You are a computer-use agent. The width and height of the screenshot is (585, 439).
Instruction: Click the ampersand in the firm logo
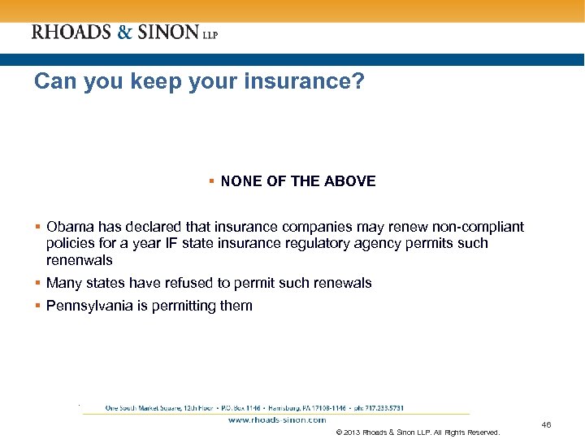[x=124, y=33]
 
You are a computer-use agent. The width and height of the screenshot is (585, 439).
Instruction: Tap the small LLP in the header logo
[x=210, y=34]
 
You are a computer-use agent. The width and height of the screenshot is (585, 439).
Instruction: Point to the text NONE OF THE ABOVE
[x=298, y=181]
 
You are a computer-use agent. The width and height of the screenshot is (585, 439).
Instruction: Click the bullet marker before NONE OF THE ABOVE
[x=211, y=181]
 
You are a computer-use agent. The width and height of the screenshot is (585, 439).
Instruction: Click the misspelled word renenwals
[x=79, y=260]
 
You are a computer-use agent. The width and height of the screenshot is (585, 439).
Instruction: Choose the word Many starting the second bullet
[x=64, y=283]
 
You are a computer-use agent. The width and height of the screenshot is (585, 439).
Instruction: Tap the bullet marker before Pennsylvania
[x=38, y=306]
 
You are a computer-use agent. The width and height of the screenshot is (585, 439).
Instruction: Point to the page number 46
[x=546, y=425]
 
